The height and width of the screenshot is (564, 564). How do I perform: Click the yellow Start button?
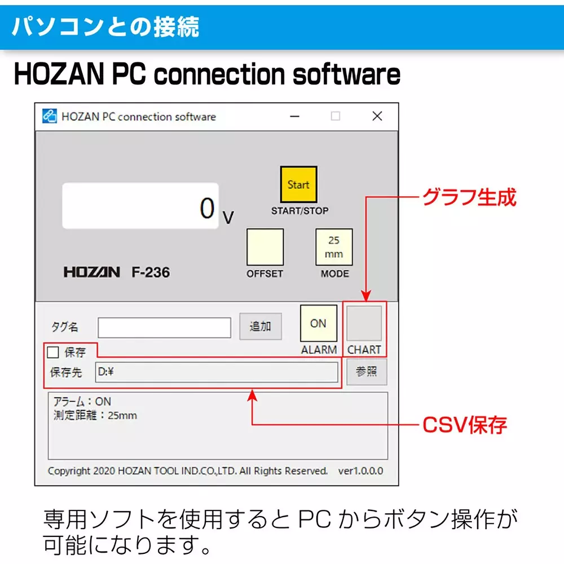(298, 184)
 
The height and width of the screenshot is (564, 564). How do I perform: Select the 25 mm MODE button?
(334, 247)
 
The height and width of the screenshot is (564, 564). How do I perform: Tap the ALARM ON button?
(318, 323)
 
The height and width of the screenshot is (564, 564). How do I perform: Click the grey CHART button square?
(364, 323)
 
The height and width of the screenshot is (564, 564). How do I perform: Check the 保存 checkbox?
(53, 352)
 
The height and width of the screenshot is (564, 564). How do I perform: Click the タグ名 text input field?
(164, 327)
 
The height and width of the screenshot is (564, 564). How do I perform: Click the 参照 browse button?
(367, 372)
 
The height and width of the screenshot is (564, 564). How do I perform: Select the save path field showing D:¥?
(217, 372)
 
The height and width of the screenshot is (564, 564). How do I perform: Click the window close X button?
(377, 116)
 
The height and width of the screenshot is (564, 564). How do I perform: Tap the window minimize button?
(295, 116)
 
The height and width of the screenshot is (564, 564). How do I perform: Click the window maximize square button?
(336, 116)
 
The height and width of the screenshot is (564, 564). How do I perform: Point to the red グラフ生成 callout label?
(469, 197)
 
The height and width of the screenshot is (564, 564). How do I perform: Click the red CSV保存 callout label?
(465, 424)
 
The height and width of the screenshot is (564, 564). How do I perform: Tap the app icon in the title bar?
(50, 116)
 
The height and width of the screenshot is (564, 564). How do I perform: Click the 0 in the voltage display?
(208, 208)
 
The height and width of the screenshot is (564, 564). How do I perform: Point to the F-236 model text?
(151, 272)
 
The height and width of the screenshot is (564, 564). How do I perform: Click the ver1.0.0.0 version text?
(360, 470)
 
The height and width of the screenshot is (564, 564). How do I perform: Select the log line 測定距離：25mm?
(95, 416)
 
